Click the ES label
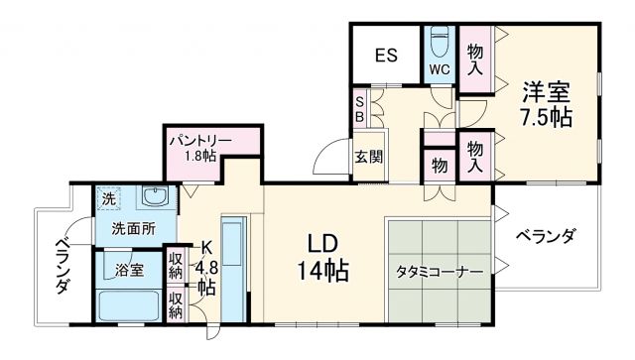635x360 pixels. click(x=386, y=55)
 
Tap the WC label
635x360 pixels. click(x=438, y=70)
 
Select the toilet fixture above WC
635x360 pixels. click(x=439, y=41)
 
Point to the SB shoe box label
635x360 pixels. click(x=359, y=106)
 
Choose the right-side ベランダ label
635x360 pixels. click(x=546, y=236)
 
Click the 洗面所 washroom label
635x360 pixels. click(x=133, y=227)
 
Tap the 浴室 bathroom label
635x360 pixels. click(x=129, y=269)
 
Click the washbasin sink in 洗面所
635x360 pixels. click(x=154, y=195)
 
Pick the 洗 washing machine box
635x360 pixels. click(x=108, y=197)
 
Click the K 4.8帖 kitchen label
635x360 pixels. click(x=205, y=268)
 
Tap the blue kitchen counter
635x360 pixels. click(x=233, y=268)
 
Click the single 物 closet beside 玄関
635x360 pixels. click(x=439, y=165)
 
